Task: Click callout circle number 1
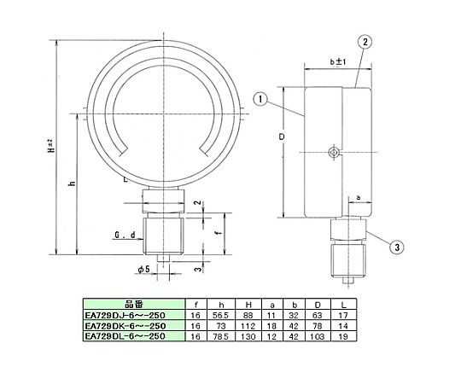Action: click(x=260, y=99)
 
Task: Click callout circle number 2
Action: click(x=365, y=42)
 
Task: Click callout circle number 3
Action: click(x=397, y=247)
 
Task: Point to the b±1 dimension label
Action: click(x=338, y=61)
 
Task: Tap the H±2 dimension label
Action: click(x=50, y=146)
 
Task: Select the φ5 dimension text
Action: click(x=143, y=269)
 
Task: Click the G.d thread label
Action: click(x=125, y=235)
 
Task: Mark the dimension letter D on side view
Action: click(x=282, y=137)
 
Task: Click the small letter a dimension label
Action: click(x=358, y=198)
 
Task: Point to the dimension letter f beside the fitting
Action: click(x=219, y=233)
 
